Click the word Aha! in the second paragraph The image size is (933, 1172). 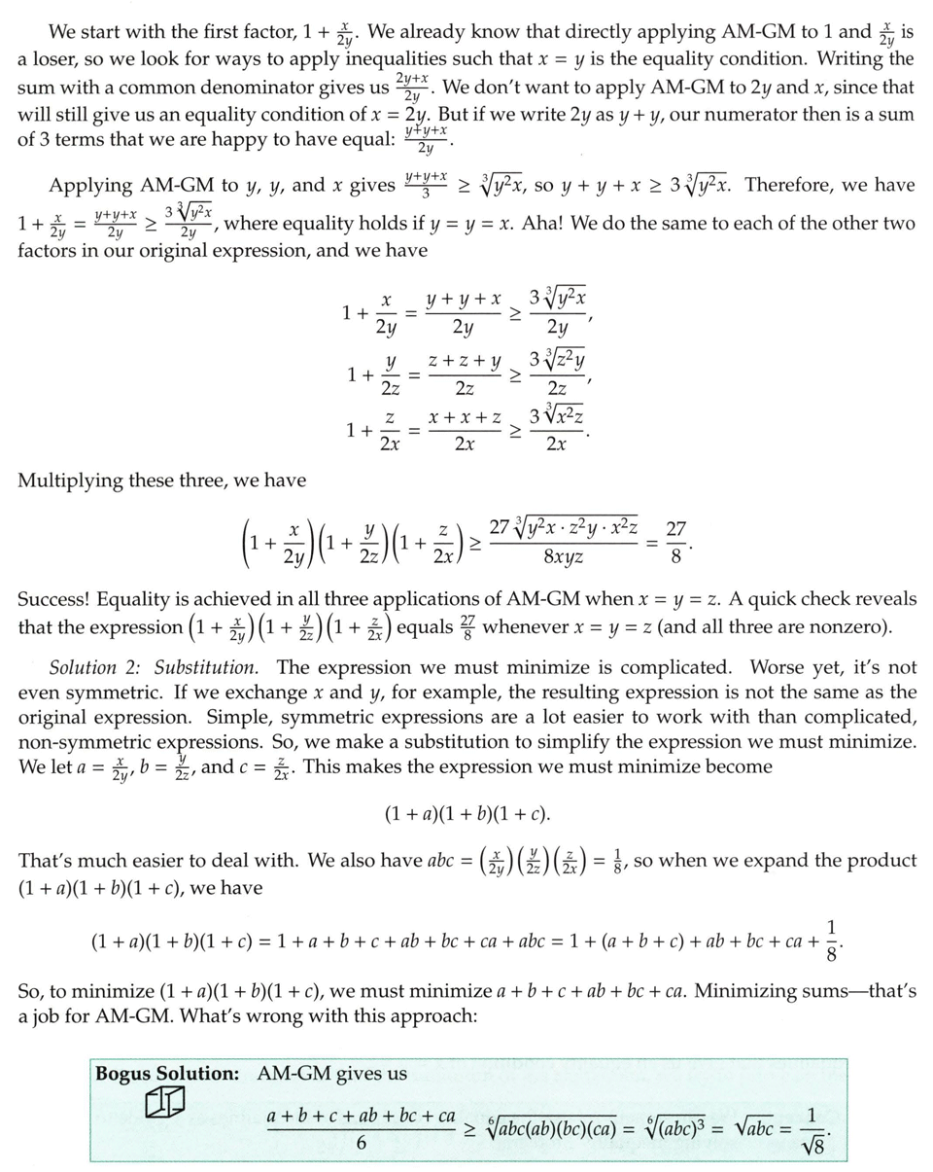click(x=548, y=223)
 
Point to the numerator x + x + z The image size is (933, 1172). click(x=466, y=417)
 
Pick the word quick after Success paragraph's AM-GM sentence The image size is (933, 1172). click(x=730, y=599)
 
